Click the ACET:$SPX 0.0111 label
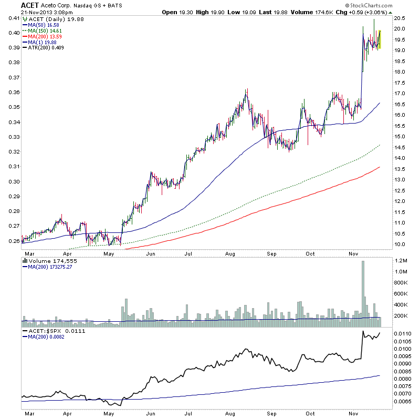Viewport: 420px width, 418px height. (x=50, y=331)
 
